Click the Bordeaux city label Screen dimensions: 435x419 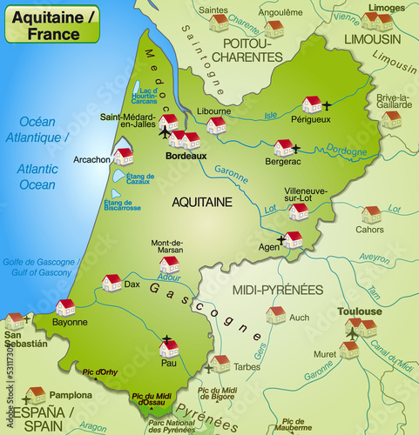pyautogui.click(x=186, y=156)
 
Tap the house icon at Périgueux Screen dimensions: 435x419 pyautogui.click(x=312, y=104)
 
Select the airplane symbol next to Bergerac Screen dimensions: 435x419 pyautogui.click(x=297, y=148)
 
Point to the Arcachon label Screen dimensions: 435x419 pyautogui.click(x=91, y=159)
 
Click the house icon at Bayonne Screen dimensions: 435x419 pyautogui.click(x=65, y=307)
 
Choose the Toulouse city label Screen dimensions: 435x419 pyautogui.click(x=361, y=311)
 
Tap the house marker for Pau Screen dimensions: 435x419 pyautogui.click(x=169, y=350)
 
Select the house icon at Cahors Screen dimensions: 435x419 pyautogui.click(x=371, y=214)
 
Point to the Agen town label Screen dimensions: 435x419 pyautogui.click(x=270, y=247)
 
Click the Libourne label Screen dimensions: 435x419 pyautogui.click(x=213, y=111)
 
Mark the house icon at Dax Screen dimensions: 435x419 pyautogui.click(x=112, y=282)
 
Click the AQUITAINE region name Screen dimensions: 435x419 pyautogui.click(x=202, y=201)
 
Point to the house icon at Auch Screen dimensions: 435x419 pyautogui.click(x=276, y=314)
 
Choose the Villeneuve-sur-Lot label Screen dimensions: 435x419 pyautogui.click(x=305, y=194)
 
